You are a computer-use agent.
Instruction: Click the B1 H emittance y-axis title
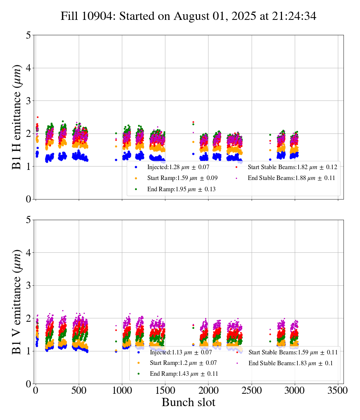pyautogui.click(x=16, y=117)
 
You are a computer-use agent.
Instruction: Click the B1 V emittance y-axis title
pyautogui.click(x=16, y=301)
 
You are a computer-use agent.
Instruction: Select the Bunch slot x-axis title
pyautogui.click(x=189, y=402)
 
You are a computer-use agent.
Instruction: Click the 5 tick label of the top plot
pyautogui.click(x=28, y=36)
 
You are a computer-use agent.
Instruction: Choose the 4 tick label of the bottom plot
pyautogui.click(x=28, y=253)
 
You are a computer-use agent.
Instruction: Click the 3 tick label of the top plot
pyautogui.click(x=28, y=101)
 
